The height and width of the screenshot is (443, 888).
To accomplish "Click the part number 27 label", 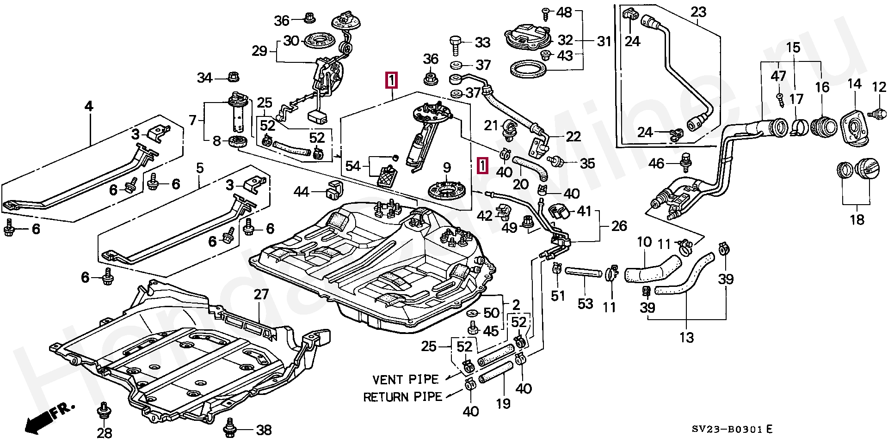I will (261, 294).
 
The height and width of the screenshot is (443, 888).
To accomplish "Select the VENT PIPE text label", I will (405, 380).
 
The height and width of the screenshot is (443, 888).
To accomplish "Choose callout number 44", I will (302, 191).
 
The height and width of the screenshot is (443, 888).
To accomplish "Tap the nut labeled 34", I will (231, 77).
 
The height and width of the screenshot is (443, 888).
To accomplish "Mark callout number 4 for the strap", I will (88, 107).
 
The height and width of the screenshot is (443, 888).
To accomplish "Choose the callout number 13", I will (687, 338).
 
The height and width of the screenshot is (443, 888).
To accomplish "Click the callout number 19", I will (503, 403).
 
